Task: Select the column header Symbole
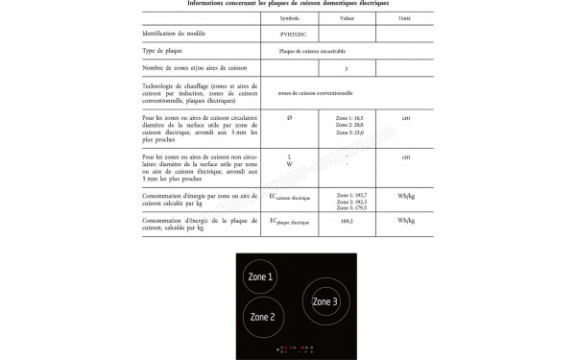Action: point(289,18)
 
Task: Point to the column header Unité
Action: point(406,18)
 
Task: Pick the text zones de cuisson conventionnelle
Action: point(321,92)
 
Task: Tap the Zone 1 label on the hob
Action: point(260,276)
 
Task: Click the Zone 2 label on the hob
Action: point(263,316)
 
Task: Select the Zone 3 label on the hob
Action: point(324,302)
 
